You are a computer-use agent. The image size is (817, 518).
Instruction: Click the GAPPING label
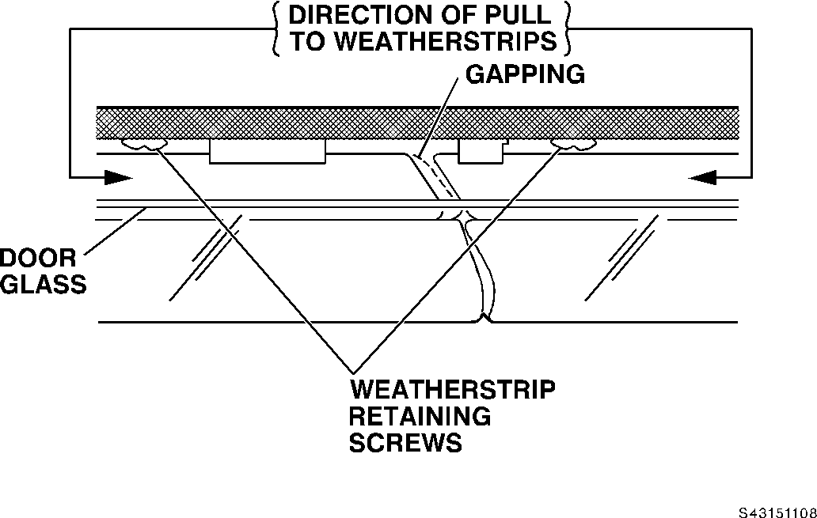click(x=524, y=74)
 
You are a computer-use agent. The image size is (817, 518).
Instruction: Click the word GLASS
click(x=41, y=284)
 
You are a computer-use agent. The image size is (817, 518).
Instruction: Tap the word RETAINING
click(x=420, y=416)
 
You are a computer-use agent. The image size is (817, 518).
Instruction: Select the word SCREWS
click(x=405, y=443)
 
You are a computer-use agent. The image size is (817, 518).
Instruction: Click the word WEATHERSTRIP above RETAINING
click(x=452, y=390)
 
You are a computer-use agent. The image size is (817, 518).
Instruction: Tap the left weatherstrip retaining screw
click(x=143, y=145)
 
